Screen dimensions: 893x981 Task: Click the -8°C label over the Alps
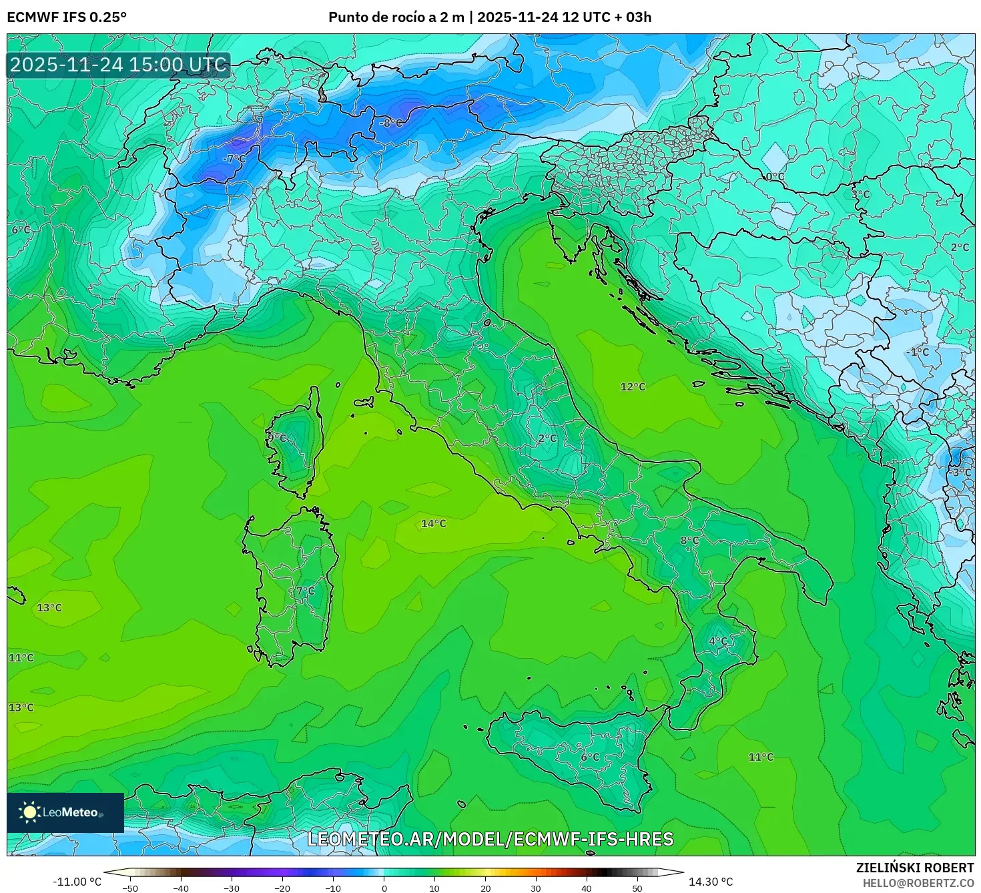tap(391, 123)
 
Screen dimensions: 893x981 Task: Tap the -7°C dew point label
tap(234, 159)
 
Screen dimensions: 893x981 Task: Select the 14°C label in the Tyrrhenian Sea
tap(433, 524)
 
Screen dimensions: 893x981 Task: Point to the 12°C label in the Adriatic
tap(633, 387)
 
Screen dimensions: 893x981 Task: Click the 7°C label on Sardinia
tap(305, 591)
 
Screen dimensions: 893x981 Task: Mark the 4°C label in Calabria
tap(718, 641)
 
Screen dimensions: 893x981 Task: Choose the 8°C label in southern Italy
tap(689, 541)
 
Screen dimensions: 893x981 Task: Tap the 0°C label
tap(775, 177)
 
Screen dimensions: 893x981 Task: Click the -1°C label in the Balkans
tap(919, 352)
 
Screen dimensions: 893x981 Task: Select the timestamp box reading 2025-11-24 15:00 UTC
tap(119, 65)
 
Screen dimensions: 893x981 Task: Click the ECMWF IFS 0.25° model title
tap(67, 17)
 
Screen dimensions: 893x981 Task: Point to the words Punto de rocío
tap(375, 17)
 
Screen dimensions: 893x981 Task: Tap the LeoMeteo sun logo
tap(29, 812)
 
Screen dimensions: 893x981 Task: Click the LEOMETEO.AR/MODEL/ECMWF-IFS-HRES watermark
tap(490, 839)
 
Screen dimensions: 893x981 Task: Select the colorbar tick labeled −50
tap(130, 888)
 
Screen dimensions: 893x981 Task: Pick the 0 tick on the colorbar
tap(384, 888)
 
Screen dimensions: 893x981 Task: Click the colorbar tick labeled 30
tap(536, 888)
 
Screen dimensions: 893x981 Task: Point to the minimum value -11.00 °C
tap(77, 882)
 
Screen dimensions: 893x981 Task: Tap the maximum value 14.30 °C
tap(711, 882)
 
